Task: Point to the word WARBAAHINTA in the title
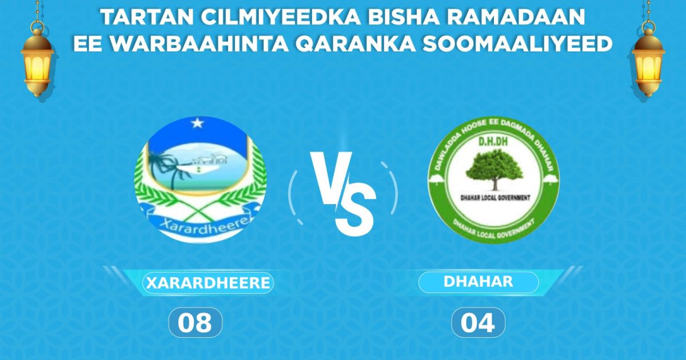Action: click(x=193, y=44)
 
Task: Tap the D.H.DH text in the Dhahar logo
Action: click(x=493, y=140)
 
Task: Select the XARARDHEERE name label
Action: click(x=208, y=283)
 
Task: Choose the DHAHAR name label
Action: click(x=478, y=282)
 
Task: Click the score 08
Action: click(x=194, y=323)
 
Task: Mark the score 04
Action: click(x=478, y=323)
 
